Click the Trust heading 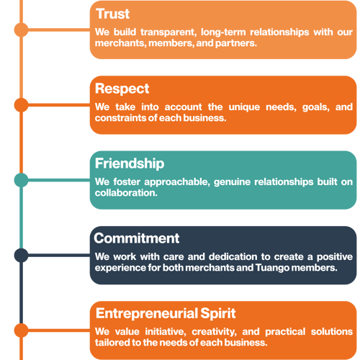pyautogui.click(x=113, y=14)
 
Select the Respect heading pyautogui.click(x=122, y=89)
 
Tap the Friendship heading pyautogui.click(x=130, y=163)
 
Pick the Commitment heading pyautogui.click(x=137, y=238)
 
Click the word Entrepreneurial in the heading pyautogui.click(x=147, y=313)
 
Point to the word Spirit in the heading pyautogui.click(x=218, y=314)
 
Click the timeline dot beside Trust pyautogui.click(x=22, y=30)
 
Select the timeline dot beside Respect pyautogui.click(x=22, y=105)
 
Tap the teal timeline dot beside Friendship pyautogui.click(x=22, y=180)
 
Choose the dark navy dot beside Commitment pyautogui.click(x=22, y=255)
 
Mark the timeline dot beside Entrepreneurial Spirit pyautogui.click(x=22, y=330)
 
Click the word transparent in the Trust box pyautogui.click(x=168, y=32)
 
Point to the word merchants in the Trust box pyautogui.click(x=121, y=43)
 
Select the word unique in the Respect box pyautogui.click(x=244, y=107)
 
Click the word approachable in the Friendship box pyautogui.click(x=177, y=182)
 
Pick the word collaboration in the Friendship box pyautogui.click(x=126, y=193)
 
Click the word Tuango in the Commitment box pyautogui.click(x=272, y=268)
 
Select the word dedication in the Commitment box pyautogui.click(x=233, y=257)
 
